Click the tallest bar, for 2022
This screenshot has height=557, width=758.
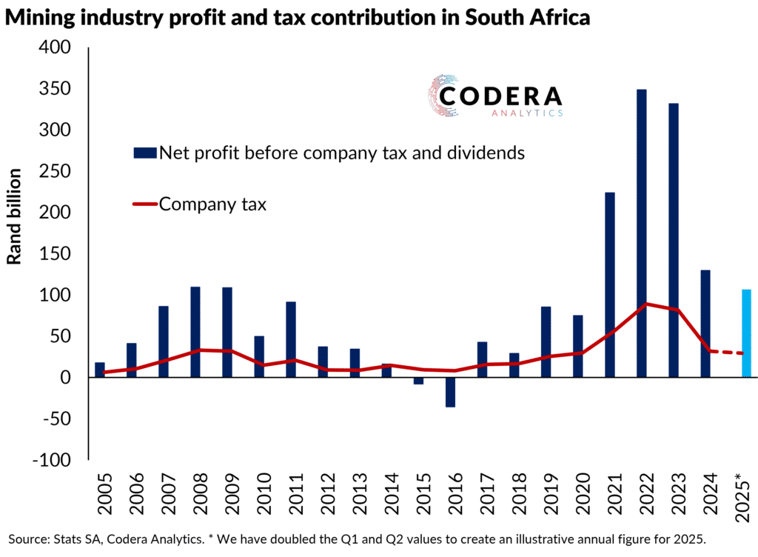pos(642,233)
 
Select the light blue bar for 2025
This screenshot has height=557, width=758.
pos(746,333)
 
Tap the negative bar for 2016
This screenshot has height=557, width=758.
pos(450,392)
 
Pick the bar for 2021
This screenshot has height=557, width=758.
pos(610,284)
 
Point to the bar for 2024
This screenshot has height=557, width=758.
pos(705,324)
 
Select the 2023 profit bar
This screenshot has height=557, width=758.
pos(674,240)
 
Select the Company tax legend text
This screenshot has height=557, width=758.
pos(213,204)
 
